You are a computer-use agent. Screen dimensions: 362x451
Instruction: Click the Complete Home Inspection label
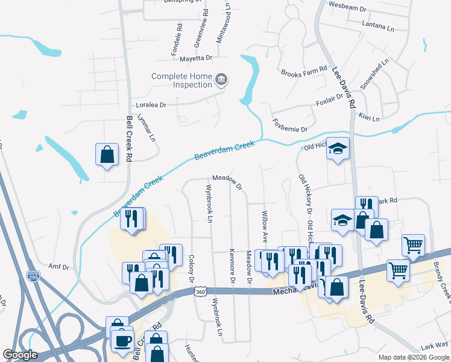click(181, 80)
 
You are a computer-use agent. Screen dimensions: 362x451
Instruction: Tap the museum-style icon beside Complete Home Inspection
click(221, 80)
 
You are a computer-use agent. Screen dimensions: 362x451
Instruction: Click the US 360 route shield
click(200, 291)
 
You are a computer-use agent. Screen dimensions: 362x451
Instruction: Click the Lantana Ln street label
click(378, 27)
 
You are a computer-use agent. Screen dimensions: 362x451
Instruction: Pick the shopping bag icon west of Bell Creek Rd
click(107, 154)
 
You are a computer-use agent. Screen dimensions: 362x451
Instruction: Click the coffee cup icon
click(123, 341)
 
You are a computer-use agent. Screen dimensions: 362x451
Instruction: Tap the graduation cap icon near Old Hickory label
click(338, 148)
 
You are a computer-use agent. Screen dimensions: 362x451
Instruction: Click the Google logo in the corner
click(20, 355)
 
